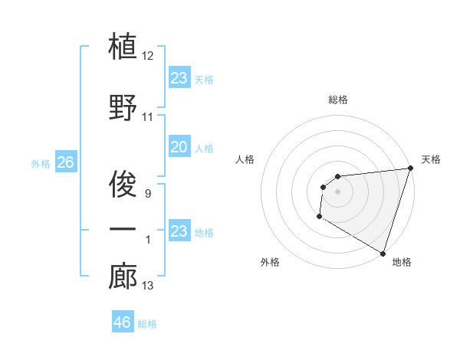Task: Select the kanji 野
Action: (123, 107)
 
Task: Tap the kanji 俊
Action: (123, 184)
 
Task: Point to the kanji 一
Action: (123, 230)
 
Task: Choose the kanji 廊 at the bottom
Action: (123, 277)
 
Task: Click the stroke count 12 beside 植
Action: (149, 56)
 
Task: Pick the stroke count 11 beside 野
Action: (149, 117)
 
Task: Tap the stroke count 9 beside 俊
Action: (149, 194)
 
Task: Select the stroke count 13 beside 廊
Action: (149, 286)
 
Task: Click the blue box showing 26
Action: (65, 162)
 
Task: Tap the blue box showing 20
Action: (179, 147)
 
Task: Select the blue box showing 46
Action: (123, 322)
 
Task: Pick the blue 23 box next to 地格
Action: (179, 231)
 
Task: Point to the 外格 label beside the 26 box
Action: (41, 163)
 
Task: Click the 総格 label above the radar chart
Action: (337, 100)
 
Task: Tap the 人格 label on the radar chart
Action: (245, 159)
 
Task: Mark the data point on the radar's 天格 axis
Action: (410, 168)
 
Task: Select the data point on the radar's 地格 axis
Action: (383, 253)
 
